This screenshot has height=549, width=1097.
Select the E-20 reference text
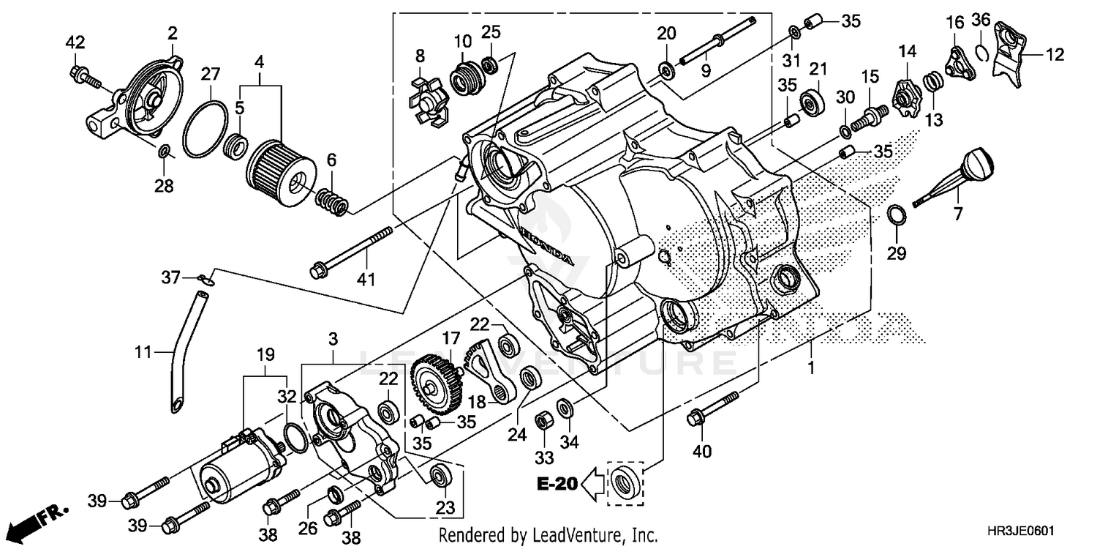557,483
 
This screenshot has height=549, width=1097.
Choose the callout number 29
897,254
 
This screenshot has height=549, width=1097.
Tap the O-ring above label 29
897,216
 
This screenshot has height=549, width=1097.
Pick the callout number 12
1054,53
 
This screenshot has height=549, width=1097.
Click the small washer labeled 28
165,152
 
